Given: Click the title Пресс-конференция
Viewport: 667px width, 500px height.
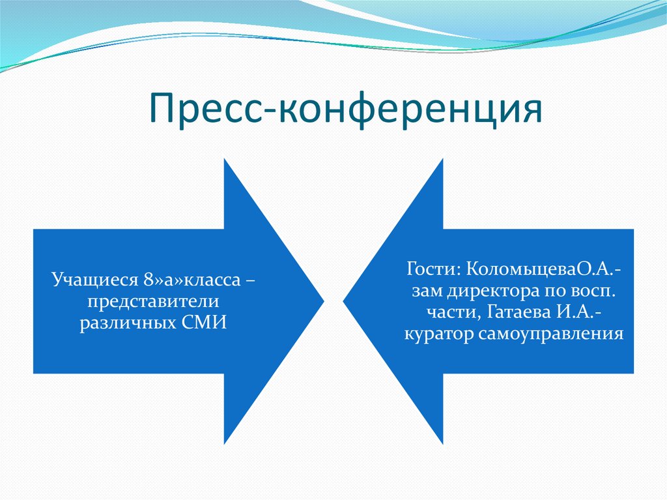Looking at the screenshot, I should (347, 108).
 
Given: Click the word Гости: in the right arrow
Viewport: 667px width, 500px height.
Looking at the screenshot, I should (434, 269).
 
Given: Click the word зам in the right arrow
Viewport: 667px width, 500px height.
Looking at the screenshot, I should (426, 291).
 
